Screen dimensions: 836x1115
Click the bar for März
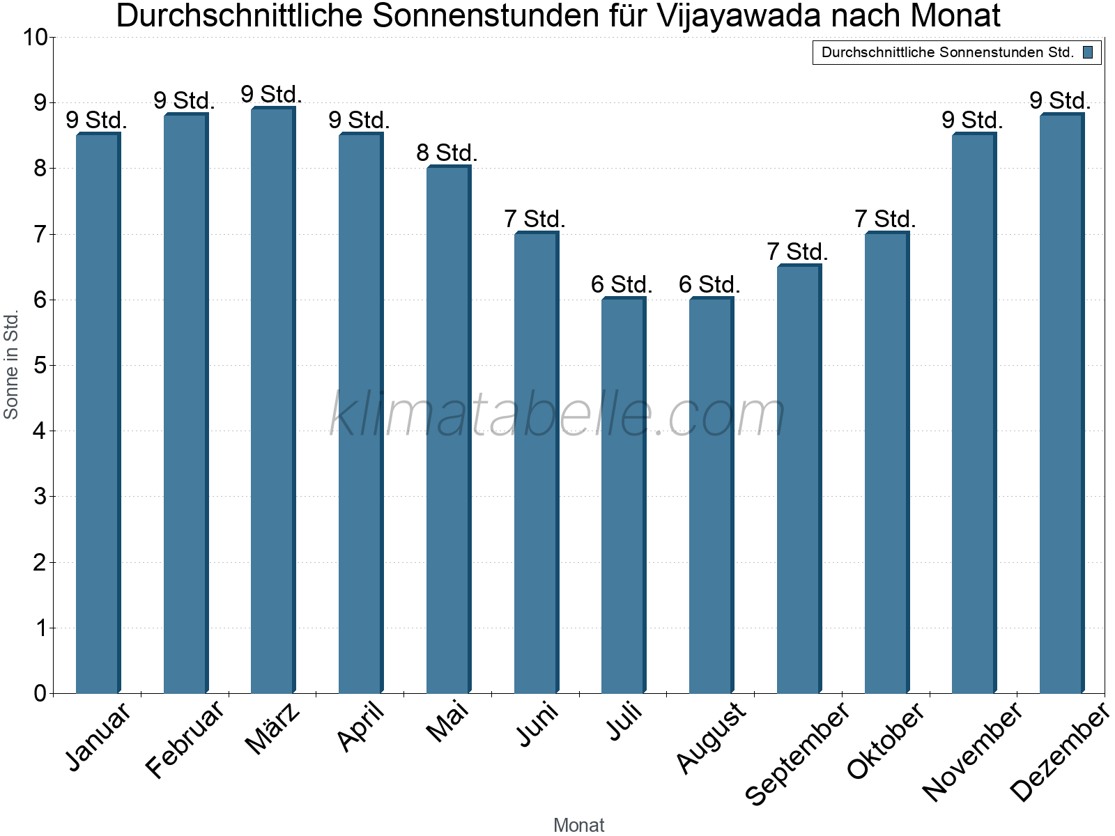click(x=272, y=401)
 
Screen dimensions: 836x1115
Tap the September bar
click(x=799, y=479)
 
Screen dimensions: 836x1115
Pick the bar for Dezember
click(x=1061, y=404)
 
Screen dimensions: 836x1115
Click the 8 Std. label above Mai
click(x=447, y=153)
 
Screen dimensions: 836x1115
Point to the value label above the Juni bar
click(x=535, y=219)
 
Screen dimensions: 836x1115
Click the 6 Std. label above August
click(x=709, y=284)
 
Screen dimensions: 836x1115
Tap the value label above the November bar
click(x=972, y=120)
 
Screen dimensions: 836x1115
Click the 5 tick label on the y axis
click(x=39, y=366)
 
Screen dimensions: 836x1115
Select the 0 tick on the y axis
click(x=39, y=693)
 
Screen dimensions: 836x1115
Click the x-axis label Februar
click(x=185, y=740)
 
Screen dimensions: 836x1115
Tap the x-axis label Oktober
click(x=885, y=740)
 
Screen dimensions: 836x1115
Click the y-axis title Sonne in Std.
click(x=11, y=365)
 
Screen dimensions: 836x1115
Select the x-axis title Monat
click(x=578, y=825)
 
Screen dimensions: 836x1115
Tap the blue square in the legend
click(x=1088, y=52)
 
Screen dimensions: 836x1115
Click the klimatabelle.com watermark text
click(x=557, y=415)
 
